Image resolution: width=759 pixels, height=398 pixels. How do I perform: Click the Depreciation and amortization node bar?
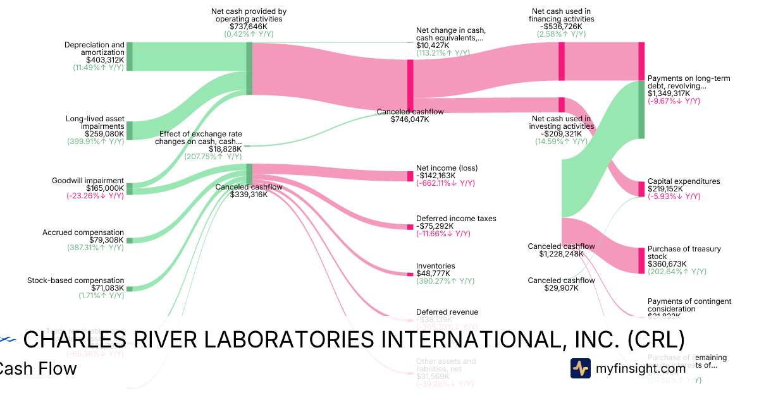[129, 56]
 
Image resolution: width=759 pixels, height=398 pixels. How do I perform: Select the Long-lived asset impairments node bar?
[129, 131]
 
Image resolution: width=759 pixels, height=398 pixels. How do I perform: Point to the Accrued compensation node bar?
[129, 240]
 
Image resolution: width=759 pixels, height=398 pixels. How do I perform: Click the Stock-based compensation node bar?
[129, 288]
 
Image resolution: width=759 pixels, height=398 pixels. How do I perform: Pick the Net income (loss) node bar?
[410, 176]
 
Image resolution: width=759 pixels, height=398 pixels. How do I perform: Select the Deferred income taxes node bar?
[410, 226]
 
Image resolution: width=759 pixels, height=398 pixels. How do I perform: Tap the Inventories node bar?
[410, 274]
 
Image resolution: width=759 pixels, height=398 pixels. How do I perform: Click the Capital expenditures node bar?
[641, 189]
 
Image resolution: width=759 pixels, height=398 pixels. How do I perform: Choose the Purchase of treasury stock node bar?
[641, 260]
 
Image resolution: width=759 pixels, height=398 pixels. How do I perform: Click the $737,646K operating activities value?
[249, 27]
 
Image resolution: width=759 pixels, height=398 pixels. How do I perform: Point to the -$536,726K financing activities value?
[562, 27]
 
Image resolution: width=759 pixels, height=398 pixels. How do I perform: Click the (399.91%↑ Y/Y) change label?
[96, 142]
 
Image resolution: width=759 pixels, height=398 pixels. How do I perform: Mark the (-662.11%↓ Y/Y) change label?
[445, 183]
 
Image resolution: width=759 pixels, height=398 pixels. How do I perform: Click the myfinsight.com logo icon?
[581, 368]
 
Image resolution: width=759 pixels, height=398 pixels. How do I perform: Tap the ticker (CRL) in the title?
[656, 340]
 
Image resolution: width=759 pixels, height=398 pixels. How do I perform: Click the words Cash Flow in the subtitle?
[38, 369]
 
